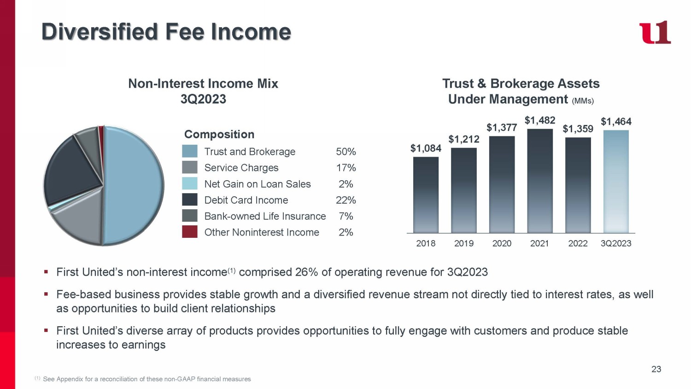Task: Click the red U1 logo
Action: [655, 33]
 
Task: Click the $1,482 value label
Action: [540, 120]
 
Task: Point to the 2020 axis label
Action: [502, 243]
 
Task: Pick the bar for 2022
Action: [578, 185]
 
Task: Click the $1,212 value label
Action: [464, 139]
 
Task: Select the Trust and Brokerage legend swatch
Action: [190, 151]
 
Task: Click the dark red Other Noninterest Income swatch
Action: [190, 232]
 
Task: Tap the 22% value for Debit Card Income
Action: [345, 200]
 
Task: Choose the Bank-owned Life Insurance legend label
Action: [265, 216]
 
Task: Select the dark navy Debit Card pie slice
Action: [71, 171]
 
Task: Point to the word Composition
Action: [219, 134]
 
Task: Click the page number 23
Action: [656, 369]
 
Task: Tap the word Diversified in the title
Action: [100, 32]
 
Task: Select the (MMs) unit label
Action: [583, 101]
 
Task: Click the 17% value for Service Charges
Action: [345, 168]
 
